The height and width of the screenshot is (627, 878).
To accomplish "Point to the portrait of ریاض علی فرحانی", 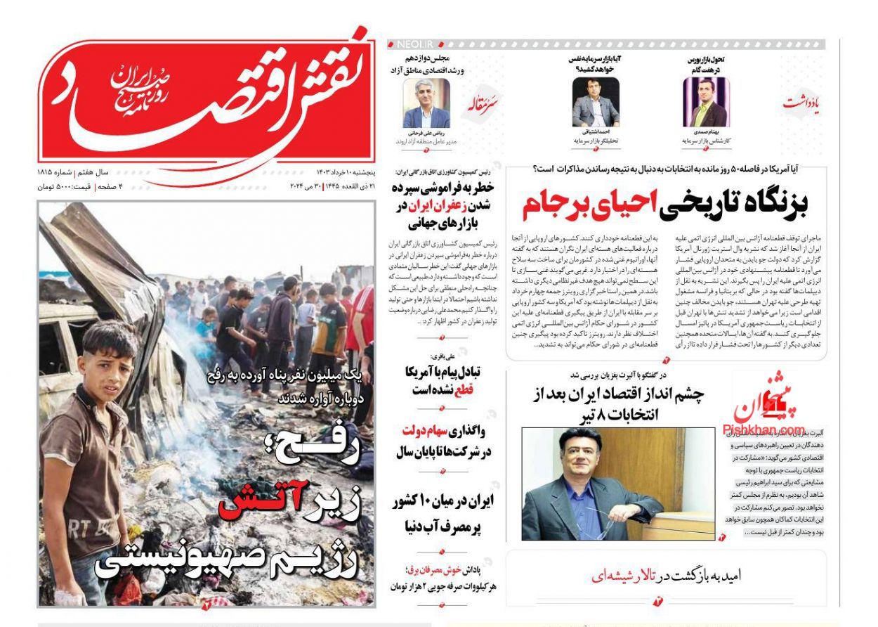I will click(426, 102).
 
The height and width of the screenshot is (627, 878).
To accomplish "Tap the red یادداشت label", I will click(801, 103).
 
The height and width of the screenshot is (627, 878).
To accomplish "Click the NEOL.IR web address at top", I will click(412, 44).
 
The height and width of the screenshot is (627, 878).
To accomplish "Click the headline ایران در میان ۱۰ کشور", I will click(443, 500).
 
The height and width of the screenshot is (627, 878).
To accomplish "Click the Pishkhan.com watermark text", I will click(764, 429).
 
